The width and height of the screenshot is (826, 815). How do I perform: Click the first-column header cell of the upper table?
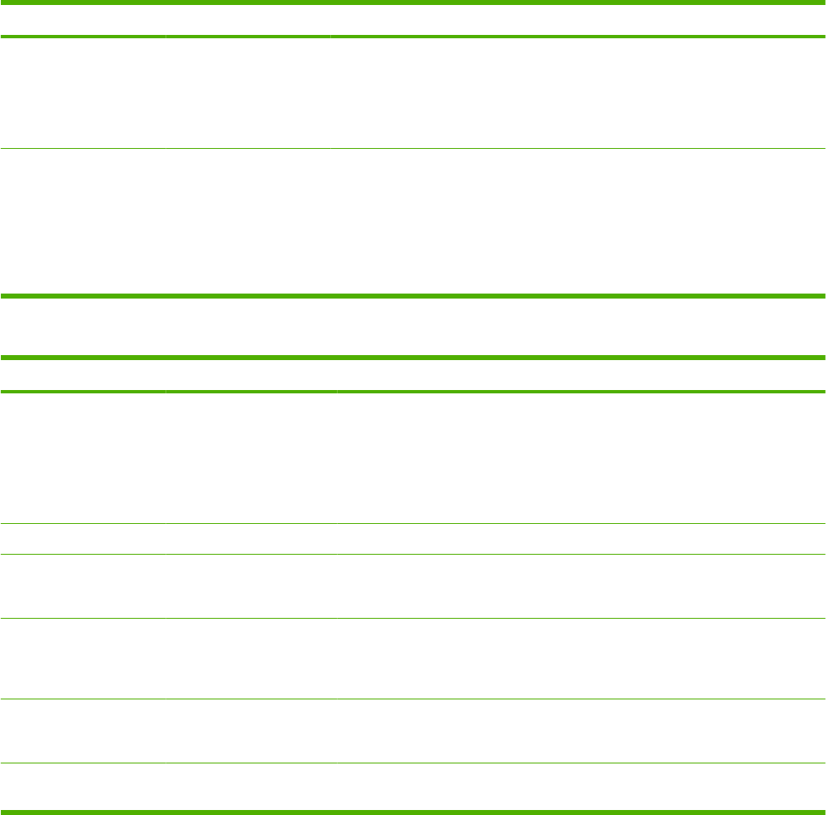point(82,22)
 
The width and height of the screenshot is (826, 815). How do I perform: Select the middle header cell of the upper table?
point(247,22)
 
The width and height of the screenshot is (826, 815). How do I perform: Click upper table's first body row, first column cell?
point(82,93)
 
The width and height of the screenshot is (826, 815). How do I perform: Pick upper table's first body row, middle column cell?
point(247,93)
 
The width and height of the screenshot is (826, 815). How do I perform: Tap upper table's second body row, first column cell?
point(82,221)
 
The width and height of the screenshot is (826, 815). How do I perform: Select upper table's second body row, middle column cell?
point(247,221)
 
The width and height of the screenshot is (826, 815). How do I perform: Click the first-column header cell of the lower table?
point(82,375)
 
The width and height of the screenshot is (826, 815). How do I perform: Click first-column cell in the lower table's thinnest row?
point(82,539)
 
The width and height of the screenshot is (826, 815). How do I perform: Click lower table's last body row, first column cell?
point(82,787)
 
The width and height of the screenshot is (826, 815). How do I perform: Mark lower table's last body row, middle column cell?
point(250,787)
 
